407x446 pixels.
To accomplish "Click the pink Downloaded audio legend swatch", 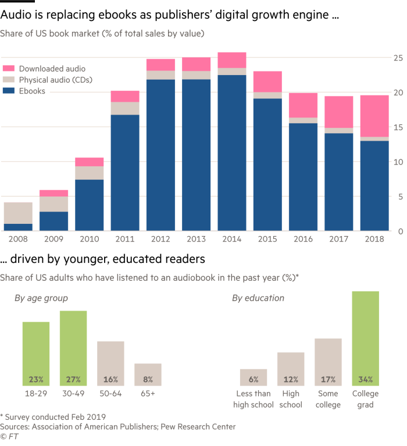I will coord(9,69).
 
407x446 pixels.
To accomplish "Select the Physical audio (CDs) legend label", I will coord(56,80).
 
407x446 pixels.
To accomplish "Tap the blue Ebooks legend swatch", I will coord(9,91).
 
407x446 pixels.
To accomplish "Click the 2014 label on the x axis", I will coord(232,239).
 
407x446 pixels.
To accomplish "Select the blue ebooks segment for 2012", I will coord(161,155).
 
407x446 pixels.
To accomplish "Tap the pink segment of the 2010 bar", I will coord(90,162).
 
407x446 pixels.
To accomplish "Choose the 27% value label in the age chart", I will coord(73,380).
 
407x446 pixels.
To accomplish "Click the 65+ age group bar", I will coord(148,372).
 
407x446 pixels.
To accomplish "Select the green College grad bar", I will coord(365,331).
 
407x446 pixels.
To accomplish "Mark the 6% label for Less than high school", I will coord(253,380).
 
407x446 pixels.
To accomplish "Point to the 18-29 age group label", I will coord(36,394).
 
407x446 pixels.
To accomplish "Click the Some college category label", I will coord(328,399).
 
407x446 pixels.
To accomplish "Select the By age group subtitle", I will coord(41,298).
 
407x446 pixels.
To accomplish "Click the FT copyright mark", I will coord(8,436).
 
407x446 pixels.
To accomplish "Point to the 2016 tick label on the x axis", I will coord(304,239).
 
